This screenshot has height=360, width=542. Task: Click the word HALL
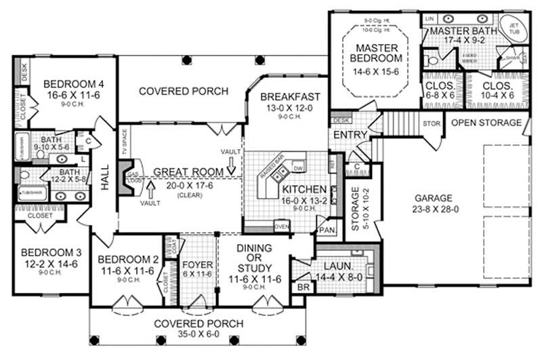pyautogui.click(x=106, y=179)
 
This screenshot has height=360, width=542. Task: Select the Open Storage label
pyautogui.click(x=486, y=123)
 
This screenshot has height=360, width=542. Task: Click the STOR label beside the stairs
pyautogui.click(x=431, y=124)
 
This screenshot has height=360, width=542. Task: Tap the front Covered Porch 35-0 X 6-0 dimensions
pyautogui.click(x=197, y=335)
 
